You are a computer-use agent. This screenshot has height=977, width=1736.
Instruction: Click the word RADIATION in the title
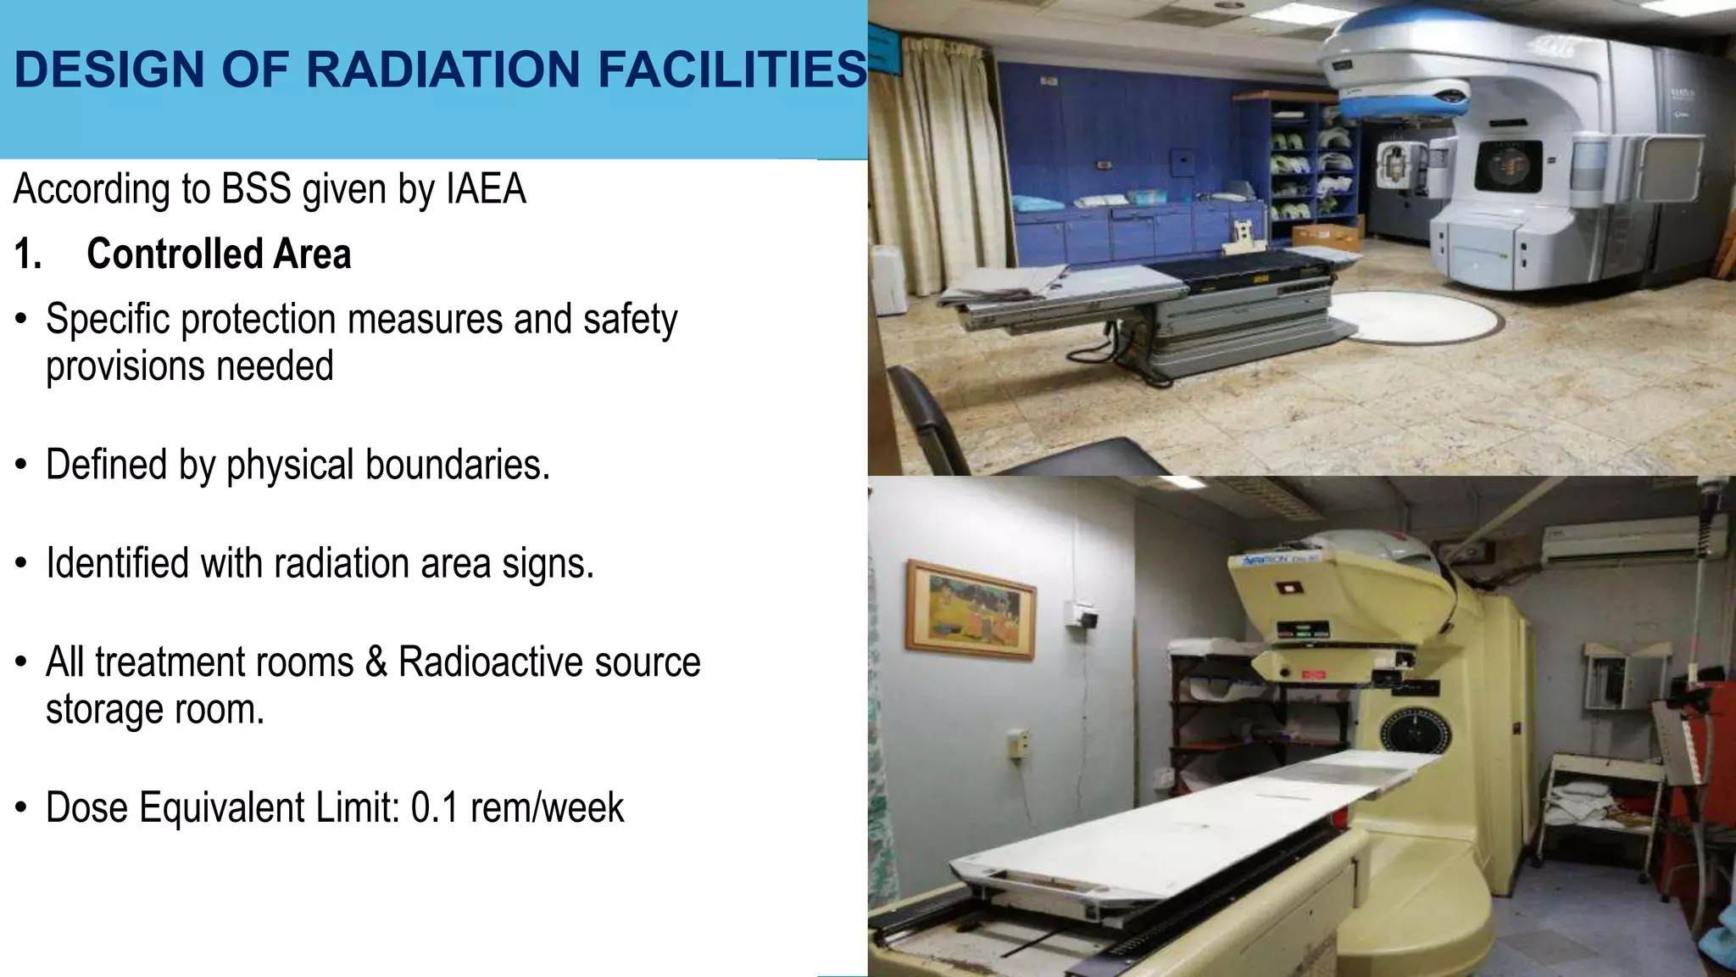click(x=444, y=70)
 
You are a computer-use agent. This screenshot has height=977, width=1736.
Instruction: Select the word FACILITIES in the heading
click(x=732, y=70)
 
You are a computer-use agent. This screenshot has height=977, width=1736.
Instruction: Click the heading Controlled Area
click(x=219, y=254)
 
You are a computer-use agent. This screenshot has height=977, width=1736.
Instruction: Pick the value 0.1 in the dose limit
click(x=435, y=807)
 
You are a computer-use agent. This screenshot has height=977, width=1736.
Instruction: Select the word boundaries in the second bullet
click(x=458, y=465)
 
